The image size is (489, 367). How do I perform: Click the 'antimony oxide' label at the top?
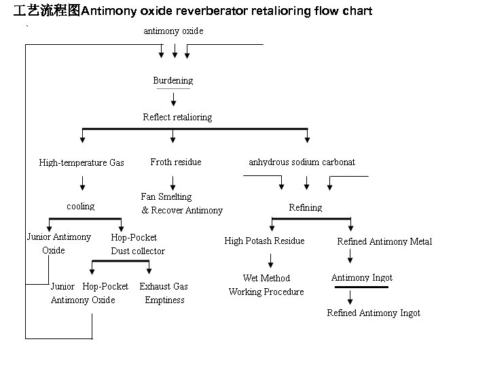click(x=173, y=31)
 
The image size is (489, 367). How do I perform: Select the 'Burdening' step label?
click(x=173, y=81)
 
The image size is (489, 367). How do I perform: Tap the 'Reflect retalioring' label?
click(x=177, y=118)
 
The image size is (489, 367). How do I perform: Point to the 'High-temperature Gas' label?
click(x=81, y=163)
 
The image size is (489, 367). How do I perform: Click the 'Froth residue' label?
click(x=175, y=162)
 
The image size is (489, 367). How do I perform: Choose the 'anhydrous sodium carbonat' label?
click(x=302, y=162)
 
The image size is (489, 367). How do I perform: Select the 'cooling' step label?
click(x=81, y=207)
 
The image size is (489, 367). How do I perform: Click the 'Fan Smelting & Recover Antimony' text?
click(x=181, y=204)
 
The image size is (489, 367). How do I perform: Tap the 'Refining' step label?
click(x=305, y=207)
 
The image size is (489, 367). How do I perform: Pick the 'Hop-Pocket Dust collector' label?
click(x=137, y=245)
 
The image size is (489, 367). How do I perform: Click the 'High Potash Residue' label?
click(x=264, y=241)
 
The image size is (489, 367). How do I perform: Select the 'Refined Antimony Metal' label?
click(x=384, y=242)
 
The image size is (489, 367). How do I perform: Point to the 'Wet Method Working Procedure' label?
click(x=266, y=285)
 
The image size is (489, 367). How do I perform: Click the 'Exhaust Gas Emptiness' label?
click(x=164, y=294)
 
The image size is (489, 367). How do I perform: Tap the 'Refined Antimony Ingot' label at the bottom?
click(x=373, y=313)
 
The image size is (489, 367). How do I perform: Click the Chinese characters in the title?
click(x=47, y=12)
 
